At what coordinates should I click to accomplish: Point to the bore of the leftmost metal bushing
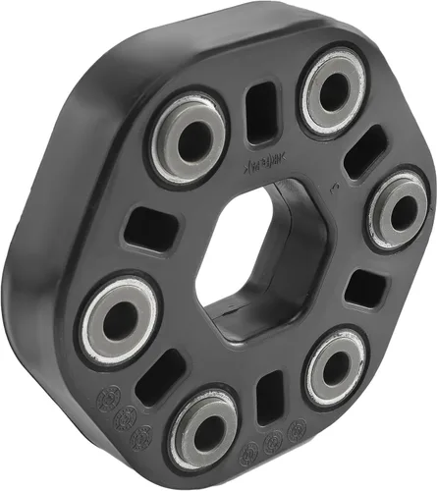120,319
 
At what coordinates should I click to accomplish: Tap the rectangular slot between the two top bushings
262,110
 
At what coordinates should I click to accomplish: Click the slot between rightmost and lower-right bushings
366,287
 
